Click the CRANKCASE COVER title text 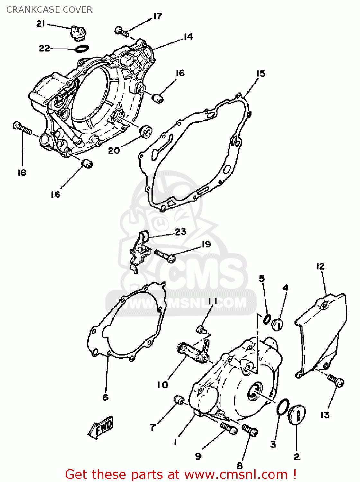(49, 10)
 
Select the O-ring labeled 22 (82, 49)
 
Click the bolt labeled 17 (122, 31)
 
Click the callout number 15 (261, 74)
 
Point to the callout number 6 (105, 397)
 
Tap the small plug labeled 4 (277, 324)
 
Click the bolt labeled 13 (336, 381)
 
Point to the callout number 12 (320, 266)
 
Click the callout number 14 (188, 37)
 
